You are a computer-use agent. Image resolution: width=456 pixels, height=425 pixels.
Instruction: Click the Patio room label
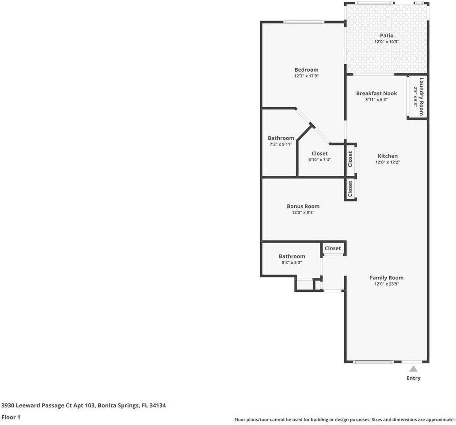coord(387,35)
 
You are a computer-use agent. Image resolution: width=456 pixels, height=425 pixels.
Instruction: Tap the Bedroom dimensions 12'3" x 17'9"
coord(306,76)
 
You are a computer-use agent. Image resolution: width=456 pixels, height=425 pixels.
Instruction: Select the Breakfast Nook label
coord(376,93)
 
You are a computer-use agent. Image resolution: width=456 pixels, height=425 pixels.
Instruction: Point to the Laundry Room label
coord(421,97)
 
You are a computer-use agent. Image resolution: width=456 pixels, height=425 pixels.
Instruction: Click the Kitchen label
coord(388,156)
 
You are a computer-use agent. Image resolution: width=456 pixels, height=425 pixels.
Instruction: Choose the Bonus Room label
coord(303,206)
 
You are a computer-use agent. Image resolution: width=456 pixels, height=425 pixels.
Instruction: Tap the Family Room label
coord(387,278)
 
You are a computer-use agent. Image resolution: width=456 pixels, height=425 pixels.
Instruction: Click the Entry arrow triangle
coord(413,368)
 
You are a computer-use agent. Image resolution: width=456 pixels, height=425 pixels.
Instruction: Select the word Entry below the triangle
coord(413,378)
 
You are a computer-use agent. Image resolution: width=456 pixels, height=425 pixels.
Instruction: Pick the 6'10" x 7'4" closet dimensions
coord(319,160)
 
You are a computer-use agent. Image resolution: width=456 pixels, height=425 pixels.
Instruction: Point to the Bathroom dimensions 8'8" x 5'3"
coord(292,263)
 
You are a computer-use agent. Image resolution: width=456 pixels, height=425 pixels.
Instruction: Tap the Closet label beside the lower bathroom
coord(333,248)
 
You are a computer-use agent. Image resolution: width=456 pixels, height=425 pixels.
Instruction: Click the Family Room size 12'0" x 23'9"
coord(387,284)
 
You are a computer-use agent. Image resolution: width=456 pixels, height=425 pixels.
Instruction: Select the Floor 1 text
coord(11,417)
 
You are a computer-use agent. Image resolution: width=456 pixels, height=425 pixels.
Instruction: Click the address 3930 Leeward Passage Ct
coord(48,405)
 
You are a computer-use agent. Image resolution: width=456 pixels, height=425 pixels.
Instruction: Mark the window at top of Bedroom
coord(304,22)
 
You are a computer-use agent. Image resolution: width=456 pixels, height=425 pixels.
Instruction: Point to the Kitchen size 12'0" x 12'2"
coord(388,162)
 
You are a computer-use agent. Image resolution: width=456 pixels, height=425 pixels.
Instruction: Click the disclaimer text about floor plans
coord(344,419)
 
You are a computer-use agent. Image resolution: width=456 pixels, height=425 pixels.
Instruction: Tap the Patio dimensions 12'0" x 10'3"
coord(387,42)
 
